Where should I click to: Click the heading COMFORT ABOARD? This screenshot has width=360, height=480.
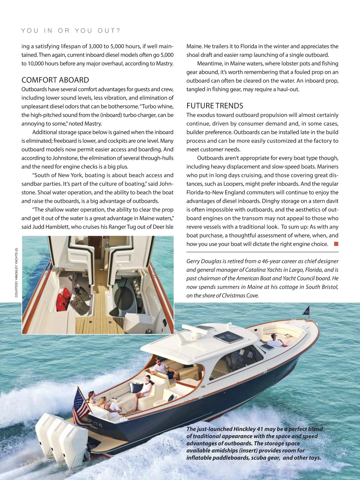coord(55,80)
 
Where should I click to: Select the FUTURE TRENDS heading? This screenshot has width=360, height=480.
coord(215,106)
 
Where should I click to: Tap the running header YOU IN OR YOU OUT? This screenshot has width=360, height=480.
coord(71,31)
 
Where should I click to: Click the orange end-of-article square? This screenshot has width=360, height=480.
coord(336,244)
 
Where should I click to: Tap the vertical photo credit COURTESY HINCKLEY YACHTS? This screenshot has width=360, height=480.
coord(16,272)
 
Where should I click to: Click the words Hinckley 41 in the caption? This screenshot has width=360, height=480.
coord(248,429)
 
